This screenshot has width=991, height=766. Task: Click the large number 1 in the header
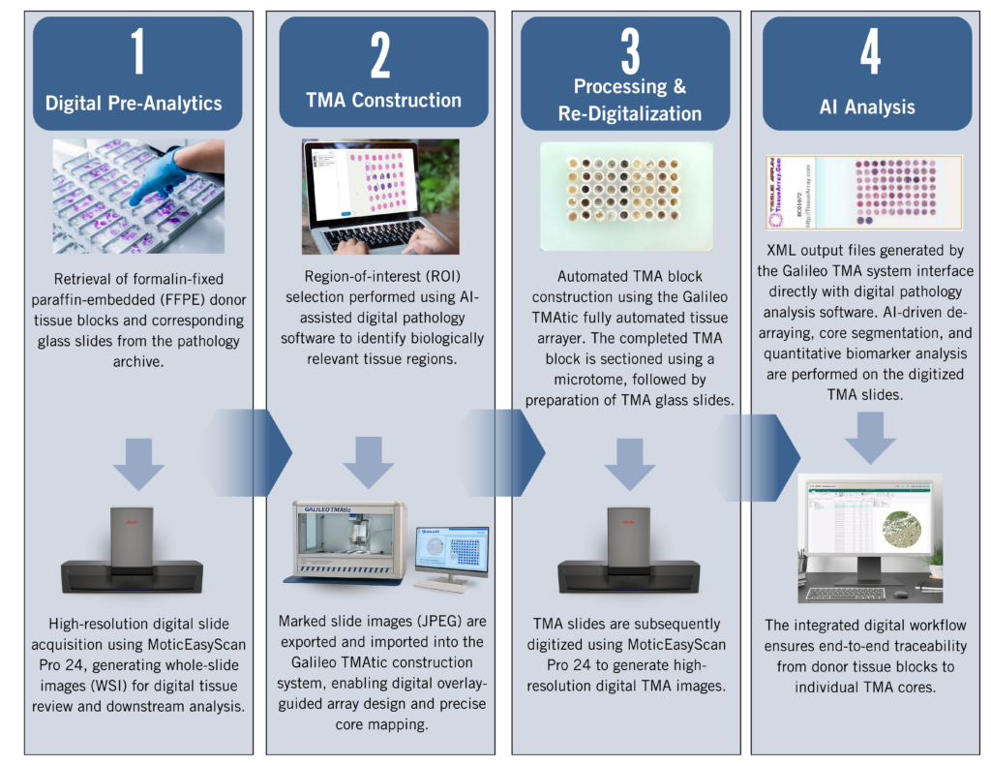(x=138, y=53)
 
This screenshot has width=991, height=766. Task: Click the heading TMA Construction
(x=383, y=100)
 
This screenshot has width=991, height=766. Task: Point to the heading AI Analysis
(x=866, y=107)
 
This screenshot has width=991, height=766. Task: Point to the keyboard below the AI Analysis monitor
(x=847, y=592)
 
